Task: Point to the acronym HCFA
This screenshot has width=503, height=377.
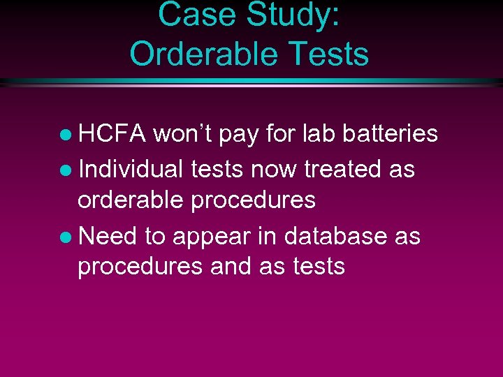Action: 112,133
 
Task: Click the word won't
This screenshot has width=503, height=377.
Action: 182,133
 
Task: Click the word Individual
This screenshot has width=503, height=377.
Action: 130,168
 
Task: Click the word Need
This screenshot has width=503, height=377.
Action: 108,236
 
